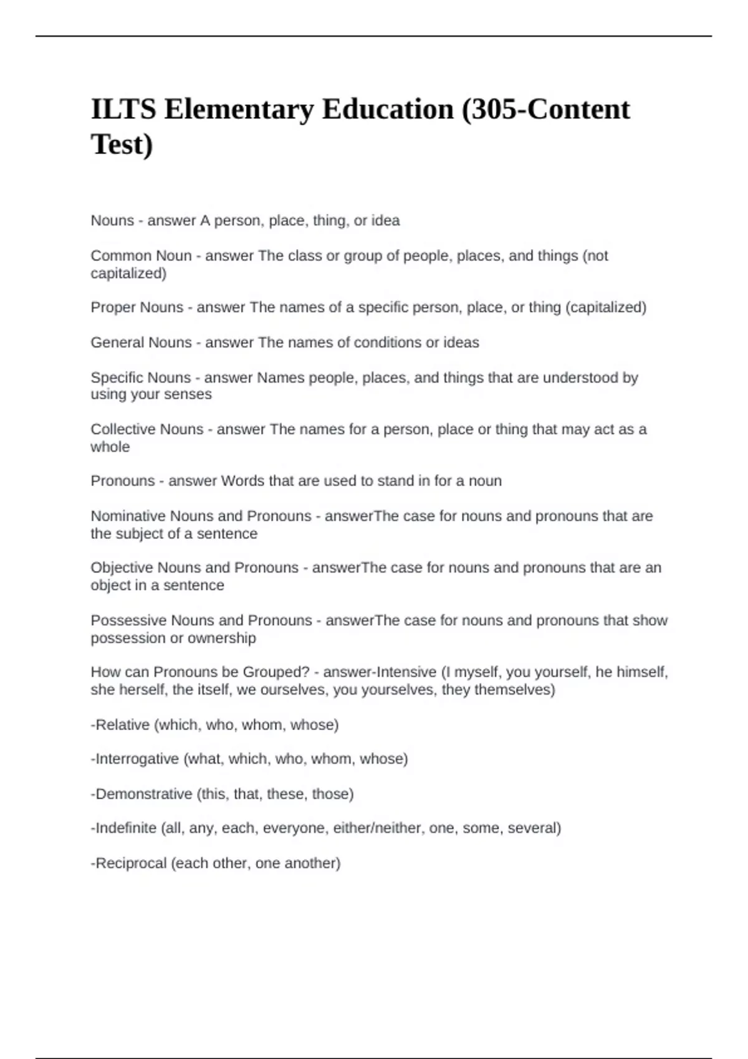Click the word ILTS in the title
pyautogui.click(x=123, y=110)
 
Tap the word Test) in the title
pyautogui.click(x=122, y=145)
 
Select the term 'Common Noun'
pyautogui.click(x=141, y=256)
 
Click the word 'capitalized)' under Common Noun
pyautogui.click(x=128, y=273)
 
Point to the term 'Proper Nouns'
pyautogui.click(x=137, y=308)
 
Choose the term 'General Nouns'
pyautogui.click(x=141, y=343)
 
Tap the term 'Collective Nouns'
pyautogui.click(x=147, y=429)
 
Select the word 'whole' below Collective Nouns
pyautogui.click(x=110, y=447)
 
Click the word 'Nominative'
pyautogui.click(x=128, y=516)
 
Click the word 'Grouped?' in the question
pyautogui.click(x=276, y=672)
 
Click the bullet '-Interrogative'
pyautogui.click(x=135, y=759)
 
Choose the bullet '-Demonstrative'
pyautogui.click(x=141, y=794)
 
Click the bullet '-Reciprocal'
pyautogui.click(x=128, y=863)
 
